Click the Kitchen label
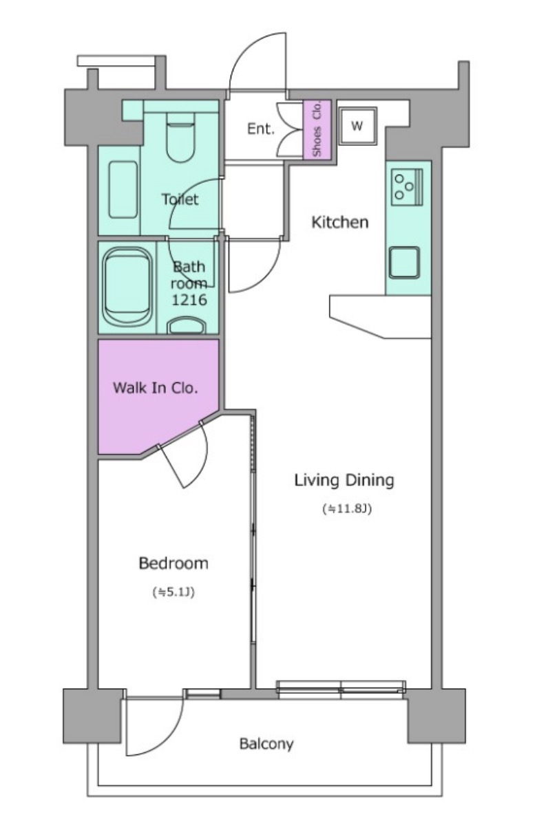340,222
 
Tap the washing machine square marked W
357,127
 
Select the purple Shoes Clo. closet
317,129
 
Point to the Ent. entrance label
261,129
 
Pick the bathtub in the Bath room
127,286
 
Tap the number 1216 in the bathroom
189,300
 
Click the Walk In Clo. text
155,388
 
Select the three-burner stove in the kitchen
408,186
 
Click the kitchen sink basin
404,263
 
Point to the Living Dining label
344,480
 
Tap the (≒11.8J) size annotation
346,508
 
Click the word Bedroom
173,563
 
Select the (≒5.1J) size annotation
173,592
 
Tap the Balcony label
266,743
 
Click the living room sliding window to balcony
341,689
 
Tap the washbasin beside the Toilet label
123,190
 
